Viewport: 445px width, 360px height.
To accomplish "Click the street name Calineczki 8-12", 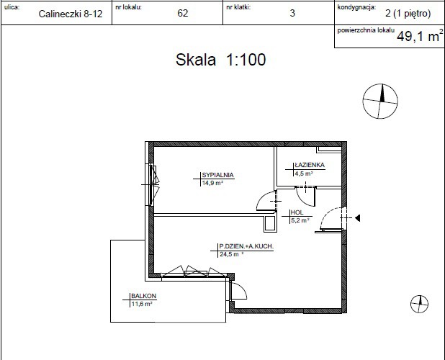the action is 71,14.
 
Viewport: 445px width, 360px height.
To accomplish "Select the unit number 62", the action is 182,13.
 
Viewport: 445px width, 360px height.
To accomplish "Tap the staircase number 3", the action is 292,13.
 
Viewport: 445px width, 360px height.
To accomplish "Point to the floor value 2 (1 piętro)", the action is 408,14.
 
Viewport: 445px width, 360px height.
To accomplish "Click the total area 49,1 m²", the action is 420,36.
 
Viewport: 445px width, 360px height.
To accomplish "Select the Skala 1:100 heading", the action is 220,60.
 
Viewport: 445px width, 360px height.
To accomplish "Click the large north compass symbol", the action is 380,101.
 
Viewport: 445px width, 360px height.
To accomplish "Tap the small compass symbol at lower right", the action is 420,304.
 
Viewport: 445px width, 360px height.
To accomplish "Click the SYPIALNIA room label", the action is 217,175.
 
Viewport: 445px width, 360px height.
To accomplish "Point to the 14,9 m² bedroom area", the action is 212,183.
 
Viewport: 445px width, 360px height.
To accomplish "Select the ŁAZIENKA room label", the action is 310,165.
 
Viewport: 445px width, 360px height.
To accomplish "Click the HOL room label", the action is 297,212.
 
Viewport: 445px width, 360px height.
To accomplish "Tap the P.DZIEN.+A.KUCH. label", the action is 246,246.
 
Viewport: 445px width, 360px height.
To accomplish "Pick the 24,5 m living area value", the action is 229,254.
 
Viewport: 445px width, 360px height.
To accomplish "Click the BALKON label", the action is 143,296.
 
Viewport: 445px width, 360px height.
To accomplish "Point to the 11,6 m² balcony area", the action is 142,304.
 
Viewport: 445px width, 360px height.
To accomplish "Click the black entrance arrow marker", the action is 358,218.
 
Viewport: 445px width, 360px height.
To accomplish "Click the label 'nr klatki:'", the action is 238,7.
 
